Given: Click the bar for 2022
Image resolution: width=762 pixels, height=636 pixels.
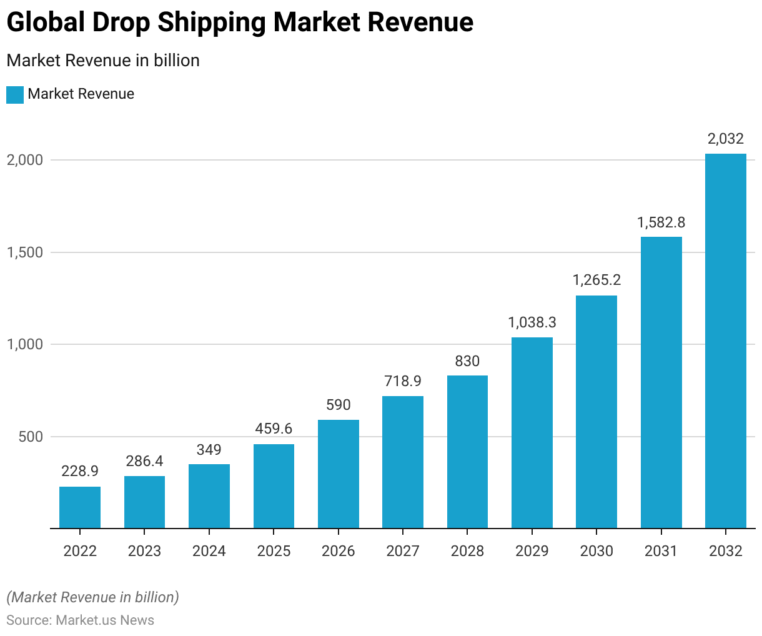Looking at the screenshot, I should pos(80,507).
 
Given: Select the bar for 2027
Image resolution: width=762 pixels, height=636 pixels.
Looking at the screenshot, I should pos(403,462).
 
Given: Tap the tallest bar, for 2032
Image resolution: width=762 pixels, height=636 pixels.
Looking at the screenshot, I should pos(726,341).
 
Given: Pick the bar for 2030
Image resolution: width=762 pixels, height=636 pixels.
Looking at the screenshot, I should pos(596,412).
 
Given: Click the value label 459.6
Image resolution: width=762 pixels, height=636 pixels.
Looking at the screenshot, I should pos(274,429).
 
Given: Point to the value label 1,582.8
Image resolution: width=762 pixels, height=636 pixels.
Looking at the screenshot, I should pos(661,222).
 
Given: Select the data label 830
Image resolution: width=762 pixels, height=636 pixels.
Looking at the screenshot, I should pos(467,360).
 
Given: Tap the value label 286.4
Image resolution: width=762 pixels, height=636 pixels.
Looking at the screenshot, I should pos(144,461).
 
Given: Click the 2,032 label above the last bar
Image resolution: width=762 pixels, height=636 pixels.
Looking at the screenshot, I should pos(726,139).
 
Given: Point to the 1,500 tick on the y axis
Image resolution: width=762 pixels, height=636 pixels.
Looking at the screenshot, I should pos(25,252).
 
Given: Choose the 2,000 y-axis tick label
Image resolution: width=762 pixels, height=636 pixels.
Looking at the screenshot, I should pos(25,160).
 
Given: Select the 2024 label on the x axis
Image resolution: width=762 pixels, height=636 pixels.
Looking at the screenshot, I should pos(209,550).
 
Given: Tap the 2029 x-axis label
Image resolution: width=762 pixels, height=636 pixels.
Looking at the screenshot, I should pos(532,550).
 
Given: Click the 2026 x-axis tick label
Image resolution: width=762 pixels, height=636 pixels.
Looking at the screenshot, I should pos(338,550).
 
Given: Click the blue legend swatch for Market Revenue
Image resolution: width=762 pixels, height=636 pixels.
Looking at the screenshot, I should pos(15,94).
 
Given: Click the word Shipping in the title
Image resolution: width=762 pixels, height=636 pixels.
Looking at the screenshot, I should pos(212,22).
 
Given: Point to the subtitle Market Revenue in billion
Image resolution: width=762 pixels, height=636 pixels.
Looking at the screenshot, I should pos(103,61).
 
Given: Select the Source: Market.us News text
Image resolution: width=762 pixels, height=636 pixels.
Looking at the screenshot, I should pos(80,620).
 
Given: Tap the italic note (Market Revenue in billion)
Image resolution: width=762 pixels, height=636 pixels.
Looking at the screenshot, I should pos(92,597).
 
